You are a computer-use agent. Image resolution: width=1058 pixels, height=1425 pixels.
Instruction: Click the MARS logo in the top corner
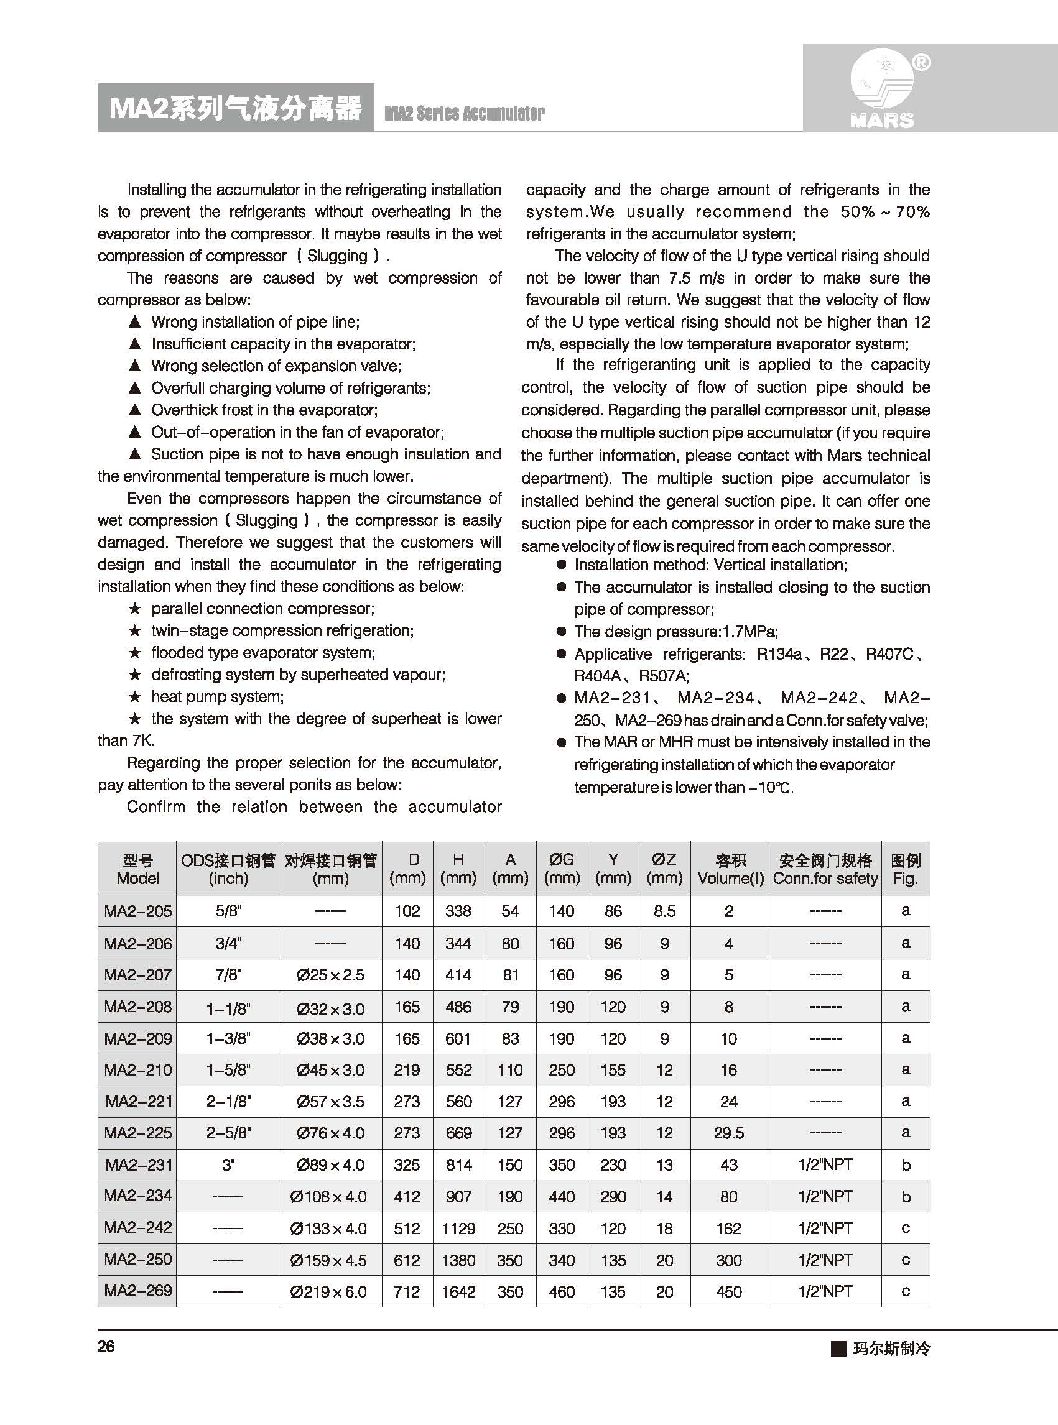click(883, 90)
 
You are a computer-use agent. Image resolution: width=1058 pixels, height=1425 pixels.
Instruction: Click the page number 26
click(106, 1346)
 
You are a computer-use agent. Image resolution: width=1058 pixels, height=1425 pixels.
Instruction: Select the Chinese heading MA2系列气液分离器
click(235, 108)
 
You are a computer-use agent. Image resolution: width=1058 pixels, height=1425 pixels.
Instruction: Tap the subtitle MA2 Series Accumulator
click(465, 113)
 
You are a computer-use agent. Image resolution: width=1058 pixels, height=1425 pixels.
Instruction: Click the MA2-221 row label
click(139, 1101)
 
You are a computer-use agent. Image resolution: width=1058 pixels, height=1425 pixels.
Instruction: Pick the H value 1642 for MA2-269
click(458, 1292)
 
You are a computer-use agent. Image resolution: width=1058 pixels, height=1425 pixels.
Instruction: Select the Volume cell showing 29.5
click(729, 1133)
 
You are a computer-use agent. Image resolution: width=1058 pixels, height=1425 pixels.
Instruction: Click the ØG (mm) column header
click(562, 869)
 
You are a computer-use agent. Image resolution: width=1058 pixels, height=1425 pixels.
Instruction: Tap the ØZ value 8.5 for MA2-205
click(665, 911)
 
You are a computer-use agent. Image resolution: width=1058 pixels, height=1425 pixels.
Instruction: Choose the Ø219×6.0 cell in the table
click(330, 1292)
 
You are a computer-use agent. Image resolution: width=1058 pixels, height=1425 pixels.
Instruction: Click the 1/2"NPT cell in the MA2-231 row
click(825, 1164)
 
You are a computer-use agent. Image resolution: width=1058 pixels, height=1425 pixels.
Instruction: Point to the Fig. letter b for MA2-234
click(906, 1196)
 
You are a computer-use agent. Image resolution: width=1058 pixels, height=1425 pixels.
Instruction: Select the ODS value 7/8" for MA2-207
click(228, 975)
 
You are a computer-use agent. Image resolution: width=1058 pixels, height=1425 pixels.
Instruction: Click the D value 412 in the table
click(407, 1196)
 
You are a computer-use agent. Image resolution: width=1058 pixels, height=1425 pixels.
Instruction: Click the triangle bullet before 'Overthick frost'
click(134, 410)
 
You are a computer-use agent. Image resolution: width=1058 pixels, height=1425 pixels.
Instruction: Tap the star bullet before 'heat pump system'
click(134, 696)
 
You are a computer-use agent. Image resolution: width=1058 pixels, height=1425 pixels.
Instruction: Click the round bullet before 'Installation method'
click(562, 565)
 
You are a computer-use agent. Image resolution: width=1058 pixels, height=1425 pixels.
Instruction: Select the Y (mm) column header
click(613, 869)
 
